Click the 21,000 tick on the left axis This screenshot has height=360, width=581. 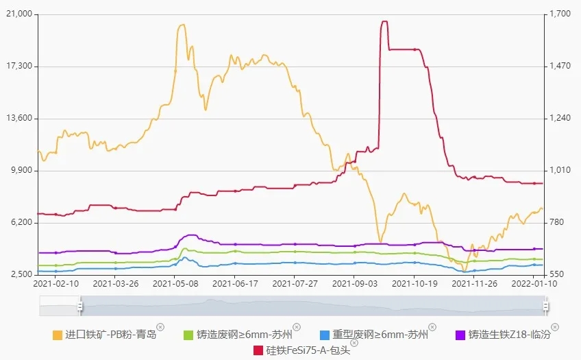pos(20,14)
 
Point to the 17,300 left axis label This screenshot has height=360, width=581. pos(20,66)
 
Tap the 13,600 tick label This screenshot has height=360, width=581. pos(20,118)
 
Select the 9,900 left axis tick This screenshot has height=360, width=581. pos(22,170)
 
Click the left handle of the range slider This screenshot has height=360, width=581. pos(80,306)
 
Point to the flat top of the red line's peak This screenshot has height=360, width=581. pos(384,21)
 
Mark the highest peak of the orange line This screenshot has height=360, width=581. pos(182,25)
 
